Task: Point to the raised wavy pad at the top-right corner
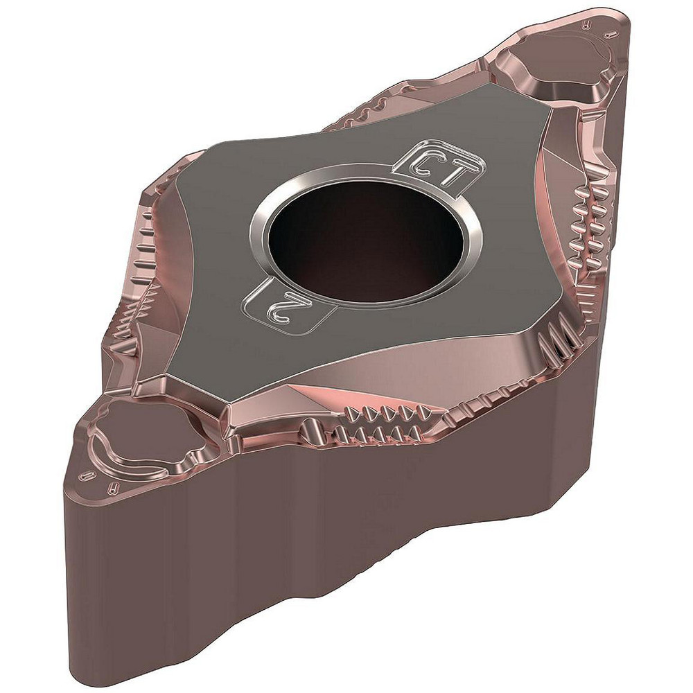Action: coord(554,66)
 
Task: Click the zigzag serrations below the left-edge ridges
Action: coord(139,319)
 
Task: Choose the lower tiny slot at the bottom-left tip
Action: coord(112,489)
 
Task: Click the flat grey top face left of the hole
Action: coord(208,229)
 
